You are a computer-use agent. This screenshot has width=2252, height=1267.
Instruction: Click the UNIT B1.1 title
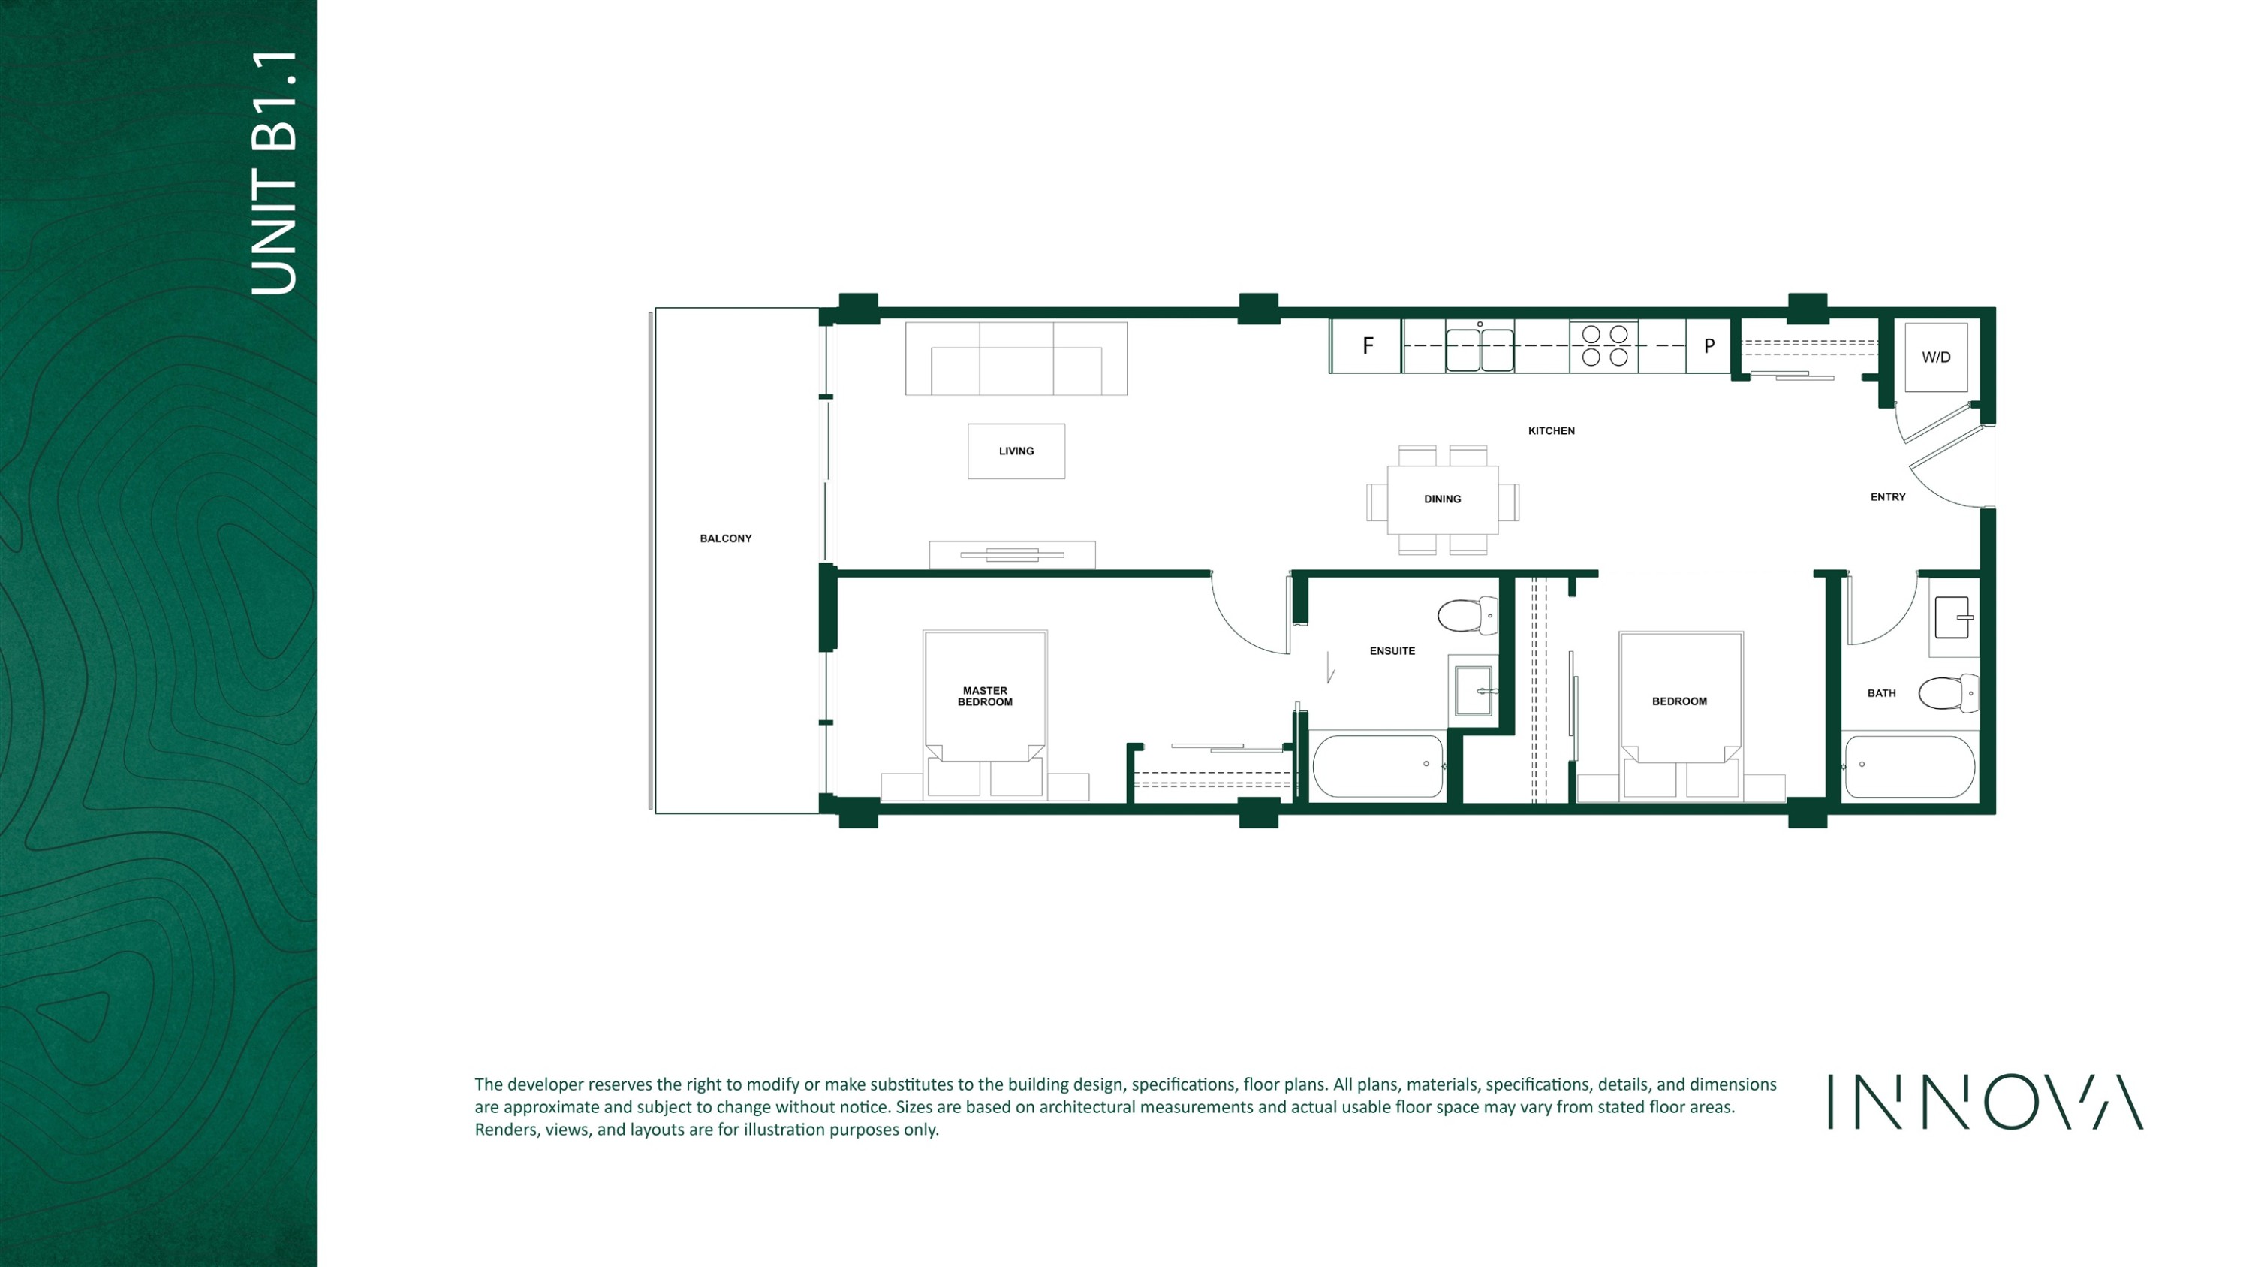click(274, 172)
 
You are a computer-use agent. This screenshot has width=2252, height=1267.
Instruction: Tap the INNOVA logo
click(1986, 1102)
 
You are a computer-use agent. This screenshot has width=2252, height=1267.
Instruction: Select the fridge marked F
click(1366, 346)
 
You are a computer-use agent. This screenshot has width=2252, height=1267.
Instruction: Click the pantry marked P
click(1709, 346)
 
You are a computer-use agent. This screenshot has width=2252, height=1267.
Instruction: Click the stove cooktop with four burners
click(1604, 345)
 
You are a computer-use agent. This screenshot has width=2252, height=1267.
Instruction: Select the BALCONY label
click(726, 538)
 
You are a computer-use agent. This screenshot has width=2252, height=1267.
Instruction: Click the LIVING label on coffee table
click(1016, 451)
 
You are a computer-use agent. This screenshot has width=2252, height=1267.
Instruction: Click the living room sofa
click(1016, 358)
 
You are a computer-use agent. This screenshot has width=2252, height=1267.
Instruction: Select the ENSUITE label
click(1392, 650)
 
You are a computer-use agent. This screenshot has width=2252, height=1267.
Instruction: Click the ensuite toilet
click(1468, 616)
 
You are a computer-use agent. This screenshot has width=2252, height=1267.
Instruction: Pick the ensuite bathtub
click(1377, 766)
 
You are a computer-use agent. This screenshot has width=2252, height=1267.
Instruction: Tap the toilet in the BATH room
click(1949, 693)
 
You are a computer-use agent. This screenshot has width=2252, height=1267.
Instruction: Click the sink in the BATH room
click(1953, 618)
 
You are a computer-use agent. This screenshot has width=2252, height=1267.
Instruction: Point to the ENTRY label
click(1887, 497)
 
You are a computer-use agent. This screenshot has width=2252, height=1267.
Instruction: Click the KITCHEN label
click(1551, 431)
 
